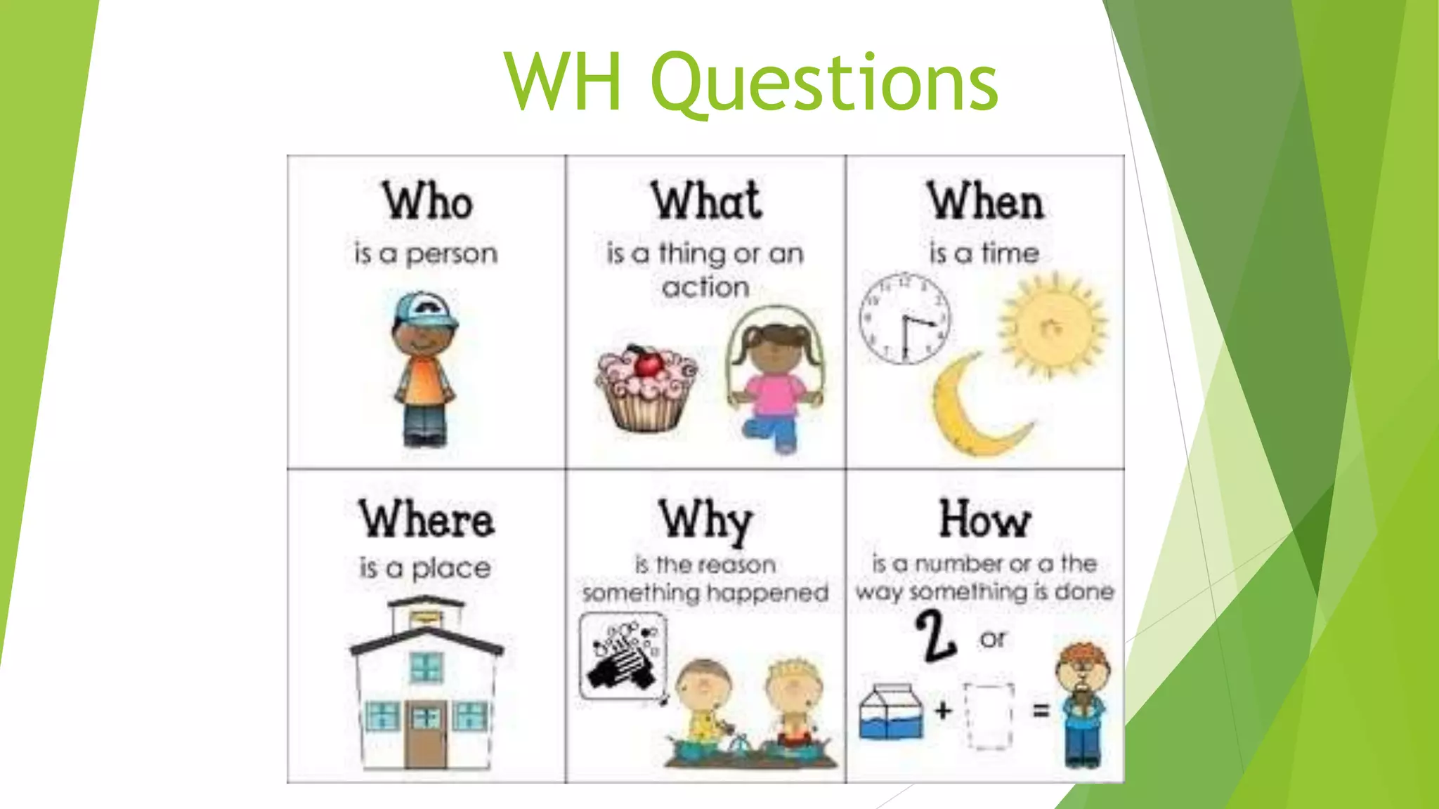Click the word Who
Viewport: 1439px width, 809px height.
[427, 202]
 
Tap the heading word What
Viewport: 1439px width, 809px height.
[705, 202]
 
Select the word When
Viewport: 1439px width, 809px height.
[984, 202]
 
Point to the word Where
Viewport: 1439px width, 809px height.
[427, 520]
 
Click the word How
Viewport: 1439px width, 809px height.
[984, 520]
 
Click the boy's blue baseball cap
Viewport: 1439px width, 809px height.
[424, 310]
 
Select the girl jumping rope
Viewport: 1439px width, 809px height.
[773, 379]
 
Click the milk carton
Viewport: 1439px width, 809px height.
[890, 711]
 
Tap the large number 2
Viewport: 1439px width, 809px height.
[935, 636]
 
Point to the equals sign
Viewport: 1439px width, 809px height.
[1041, 711]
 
